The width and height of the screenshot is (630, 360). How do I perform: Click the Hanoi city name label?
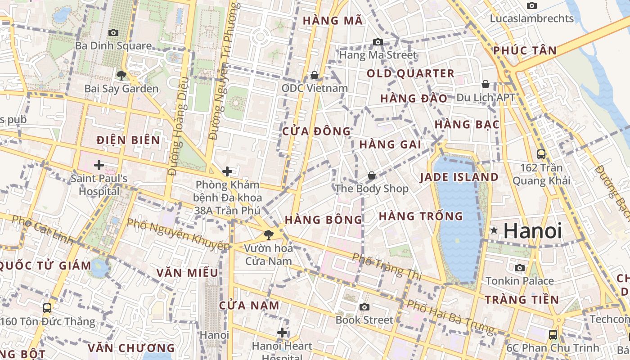click(533, 231)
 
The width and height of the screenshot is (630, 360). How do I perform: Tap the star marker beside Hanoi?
click(494, 231)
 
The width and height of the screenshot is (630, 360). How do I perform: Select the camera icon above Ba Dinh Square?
click(113, 32)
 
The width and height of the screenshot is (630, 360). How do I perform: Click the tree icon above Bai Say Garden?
click(121, 75)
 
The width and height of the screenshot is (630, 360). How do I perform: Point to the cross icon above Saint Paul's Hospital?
click(99, 165)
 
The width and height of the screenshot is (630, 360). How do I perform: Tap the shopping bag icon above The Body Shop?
click(372, 175)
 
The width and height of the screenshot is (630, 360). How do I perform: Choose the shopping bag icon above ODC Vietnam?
click(315, 75)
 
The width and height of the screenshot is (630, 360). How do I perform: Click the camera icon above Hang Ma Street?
click(378, 42)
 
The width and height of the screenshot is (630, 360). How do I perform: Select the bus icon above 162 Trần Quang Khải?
click(541, 154)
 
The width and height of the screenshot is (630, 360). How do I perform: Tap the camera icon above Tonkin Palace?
click(520, 268)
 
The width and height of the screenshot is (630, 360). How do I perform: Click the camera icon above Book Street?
click(364, 307)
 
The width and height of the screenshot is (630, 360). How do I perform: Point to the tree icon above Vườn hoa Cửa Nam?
click(269, 234)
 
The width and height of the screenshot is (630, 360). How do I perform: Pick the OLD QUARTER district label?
click(410, 74)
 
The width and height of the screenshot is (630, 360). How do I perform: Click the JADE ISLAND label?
click(459, 177)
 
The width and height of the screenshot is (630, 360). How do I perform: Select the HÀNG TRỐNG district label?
click(421, 216)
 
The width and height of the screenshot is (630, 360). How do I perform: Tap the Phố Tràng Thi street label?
click(387, 266)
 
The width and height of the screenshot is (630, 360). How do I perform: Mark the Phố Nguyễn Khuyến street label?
click(178, 234)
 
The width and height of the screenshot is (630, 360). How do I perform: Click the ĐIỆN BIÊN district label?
click(129, 140)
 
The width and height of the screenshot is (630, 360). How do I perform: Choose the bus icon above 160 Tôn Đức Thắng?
click(47, 308)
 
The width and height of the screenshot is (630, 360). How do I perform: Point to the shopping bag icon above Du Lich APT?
click(486, 84)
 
